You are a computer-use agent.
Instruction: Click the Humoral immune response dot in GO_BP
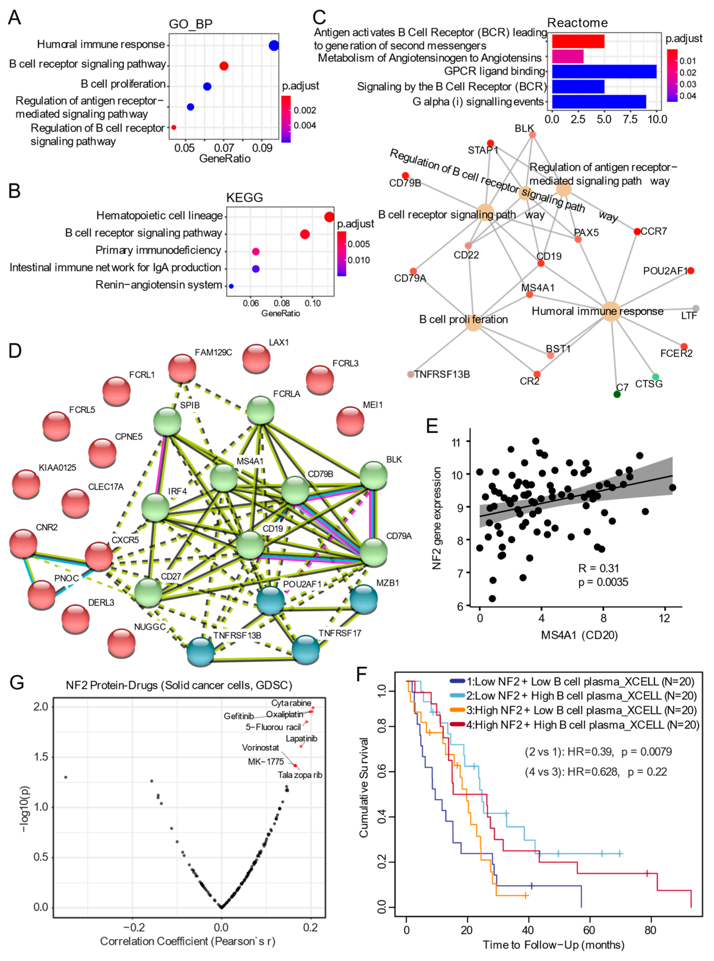[274, 45]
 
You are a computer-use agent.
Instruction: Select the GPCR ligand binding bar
[604, 71]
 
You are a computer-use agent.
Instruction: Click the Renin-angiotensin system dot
[231, 286]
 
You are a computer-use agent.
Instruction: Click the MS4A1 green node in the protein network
[224, 477]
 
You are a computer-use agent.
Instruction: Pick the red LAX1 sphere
[256, 358]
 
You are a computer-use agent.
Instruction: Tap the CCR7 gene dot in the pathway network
[637, 232]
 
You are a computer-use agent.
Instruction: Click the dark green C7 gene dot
[617, 394]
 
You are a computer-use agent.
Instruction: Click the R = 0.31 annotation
[599, 568]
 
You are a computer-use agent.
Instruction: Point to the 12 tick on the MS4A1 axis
[664, 618]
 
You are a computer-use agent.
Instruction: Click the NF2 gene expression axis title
[436, 518]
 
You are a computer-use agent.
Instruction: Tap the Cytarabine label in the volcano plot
[291, 703]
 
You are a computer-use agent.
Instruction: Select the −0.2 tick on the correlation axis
[132, 927]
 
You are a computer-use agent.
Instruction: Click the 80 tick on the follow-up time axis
[651, 930]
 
